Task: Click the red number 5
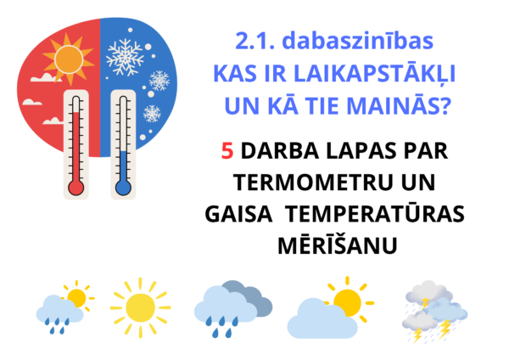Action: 227,151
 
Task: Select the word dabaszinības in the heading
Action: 358,41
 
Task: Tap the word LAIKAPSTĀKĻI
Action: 375,75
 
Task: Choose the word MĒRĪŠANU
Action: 338,245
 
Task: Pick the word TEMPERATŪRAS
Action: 376,213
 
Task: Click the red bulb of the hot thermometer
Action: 76,188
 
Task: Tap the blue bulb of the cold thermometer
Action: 123,188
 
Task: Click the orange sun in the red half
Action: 69,59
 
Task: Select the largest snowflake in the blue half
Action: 125,57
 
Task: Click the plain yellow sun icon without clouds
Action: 140,307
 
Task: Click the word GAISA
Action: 238,214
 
